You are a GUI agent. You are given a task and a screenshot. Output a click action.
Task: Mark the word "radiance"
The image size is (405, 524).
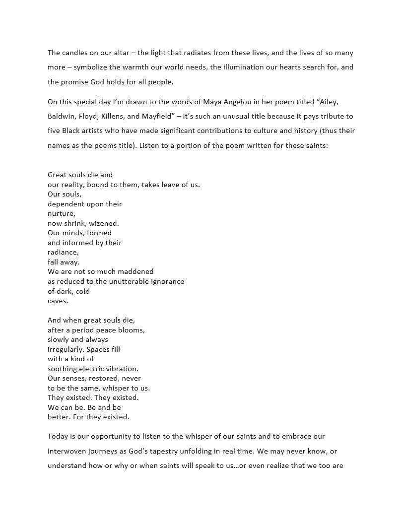coord(63,252)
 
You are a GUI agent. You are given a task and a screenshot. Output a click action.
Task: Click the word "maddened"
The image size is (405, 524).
coord(135,271)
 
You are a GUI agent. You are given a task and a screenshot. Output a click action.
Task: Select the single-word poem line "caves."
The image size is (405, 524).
coord(58,301)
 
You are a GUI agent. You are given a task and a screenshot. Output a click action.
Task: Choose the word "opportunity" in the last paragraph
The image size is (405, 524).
coord(118,437)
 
